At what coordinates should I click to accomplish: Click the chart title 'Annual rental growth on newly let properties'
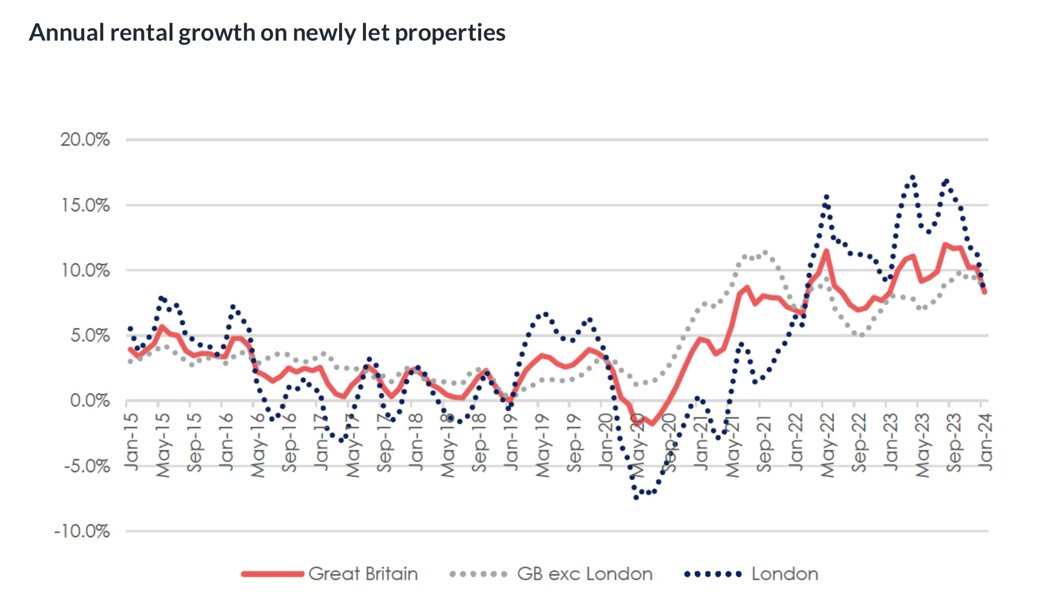tap(267, 33)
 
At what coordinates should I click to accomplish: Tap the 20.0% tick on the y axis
tap(85, 140)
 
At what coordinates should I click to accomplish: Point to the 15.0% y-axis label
tap(85, 205)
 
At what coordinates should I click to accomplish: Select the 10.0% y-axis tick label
tap(85, 270)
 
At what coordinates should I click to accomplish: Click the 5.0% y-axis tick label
tap(90, 336)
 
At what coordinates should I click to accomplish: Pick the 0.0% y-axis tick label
tap(90, 401)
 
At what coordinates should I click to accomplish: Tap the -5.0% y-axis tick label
tap(87, 466)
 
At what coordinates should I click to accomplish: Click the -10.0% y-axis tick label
tap(82, 531)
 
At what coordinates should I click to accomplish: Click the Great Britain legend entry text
tap(363, 574)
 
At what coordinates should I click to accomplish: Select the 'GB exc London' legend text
tap(585, 574)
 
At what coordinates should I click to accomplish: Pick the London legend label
tap(785, 574)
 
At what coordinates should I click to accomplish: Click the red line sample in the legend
tap(273, 574)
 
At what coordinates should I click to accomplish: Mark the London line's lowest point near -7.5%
tap(636, 497)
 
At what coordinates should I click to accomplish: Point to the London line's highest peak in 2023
tap(912, 177)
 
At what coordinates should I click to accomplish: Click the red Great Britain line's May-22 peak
tap(826, 251)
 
